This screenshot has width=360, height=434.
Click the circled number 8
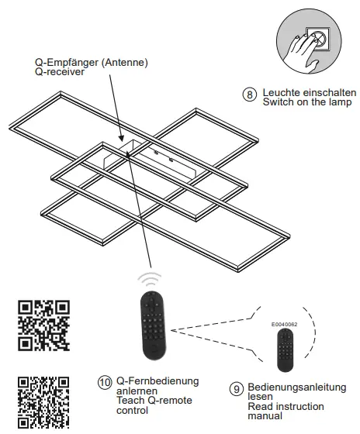249,95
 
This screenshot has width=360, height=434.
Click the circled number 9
236,387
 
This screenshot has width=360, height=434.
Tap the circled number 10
105,382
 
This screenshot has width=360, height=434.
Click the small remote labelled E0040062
285,351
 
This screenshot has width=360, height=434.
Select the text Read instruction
285,406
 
